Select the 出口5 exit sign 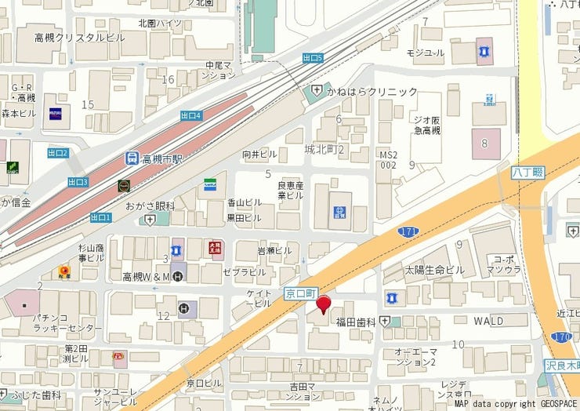click(x=313, y=58)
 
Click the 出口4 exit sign click(x=191, y=115)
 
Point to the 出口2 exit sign click(x=58, y=153)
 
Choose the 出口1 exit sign click(x=101, y=217)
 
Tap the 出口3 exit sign click(x=78, y=182)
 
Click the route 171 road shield click(x=407, y=231)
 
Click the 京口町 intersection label click(x=299, y=293)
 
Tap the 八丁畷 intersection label click(x=527, y=172)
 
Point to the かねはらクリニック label click(x=372, y=92)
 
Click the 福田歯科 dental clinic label click(x=357, y=322)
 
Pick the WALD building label click(x=488, y=321)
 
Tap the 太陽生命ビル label click(x=434, y=270)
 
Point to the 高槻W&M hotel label click(x=147, y=276)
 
